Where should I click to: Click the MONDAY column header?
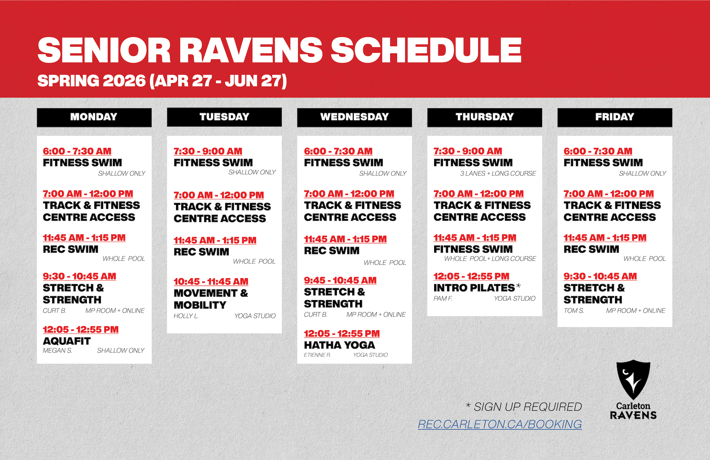(x=94, y=117)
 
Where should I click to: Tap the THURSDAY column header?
(x=484, y=117)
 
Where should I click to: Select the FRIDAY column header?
(x=615, y=117)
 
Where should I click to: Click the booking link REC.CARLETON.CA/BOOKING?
(x=500, y=424)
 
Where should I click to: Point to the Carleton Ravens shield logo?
(x=633, y=379)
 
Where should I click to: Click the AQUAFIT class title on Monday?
(x=67, y=341)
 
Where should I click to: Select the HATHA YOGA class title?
(x=339, y=345)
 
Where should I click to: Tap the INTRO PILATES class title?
(x=474, y=288)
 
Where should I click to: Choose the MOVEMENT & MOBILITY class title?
(x=211, y=299)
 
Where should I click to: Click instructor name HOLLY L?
(x=186, y=316)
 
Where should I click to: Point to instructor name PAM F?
(x=443, y=299)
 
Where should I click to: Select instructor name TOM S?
(x=574, y=311)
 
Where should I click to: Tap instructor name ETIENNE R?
(x=317, y=355)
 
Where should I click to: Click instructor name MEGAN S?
(x=57, y=350)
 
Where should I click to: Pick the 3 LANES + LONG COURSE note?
(x=498, y=173)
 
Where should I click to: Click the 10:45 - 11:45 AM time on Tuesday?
(x=211, y=281)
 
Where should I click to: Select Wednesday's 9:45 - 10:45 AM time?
(x=340, y=280)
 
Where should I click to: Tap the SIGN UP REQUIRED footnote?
(x=524, y=407)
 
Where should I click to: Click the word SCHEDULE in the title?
(x=426, y=50)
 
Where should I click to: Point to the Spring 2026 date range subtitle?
(x=162, y=81)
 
